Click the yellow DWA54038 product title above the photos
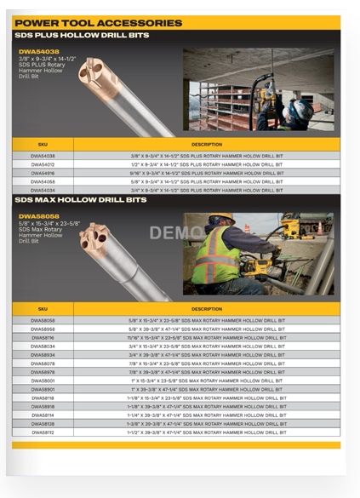37,52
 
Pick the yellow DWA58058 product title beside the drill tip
37,216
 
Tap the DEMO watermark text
173,233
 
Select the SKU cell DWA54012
43,165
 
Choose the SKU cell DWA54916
43,174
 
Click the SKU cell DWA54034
43,191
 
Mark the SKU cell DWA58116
43,338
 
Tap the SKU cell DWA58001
43,381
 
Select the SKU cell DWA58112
43,432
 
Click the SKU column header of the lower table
43,308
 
